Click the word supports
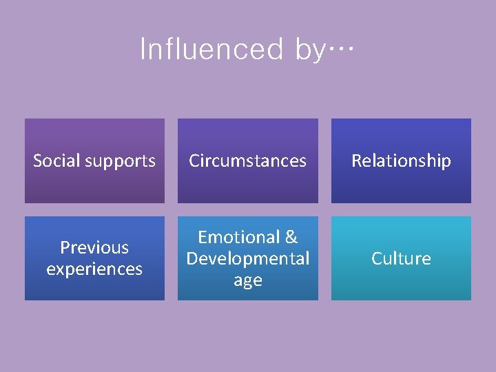119,162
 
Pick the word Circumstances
248,161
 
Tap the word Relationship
401,161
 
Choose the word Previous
94,247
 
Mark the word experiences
94,269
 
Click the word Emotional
239,237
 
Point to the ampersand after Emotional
291,237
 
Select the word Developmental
248,259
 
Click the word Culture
401,258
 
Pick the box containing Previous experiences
94,289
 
